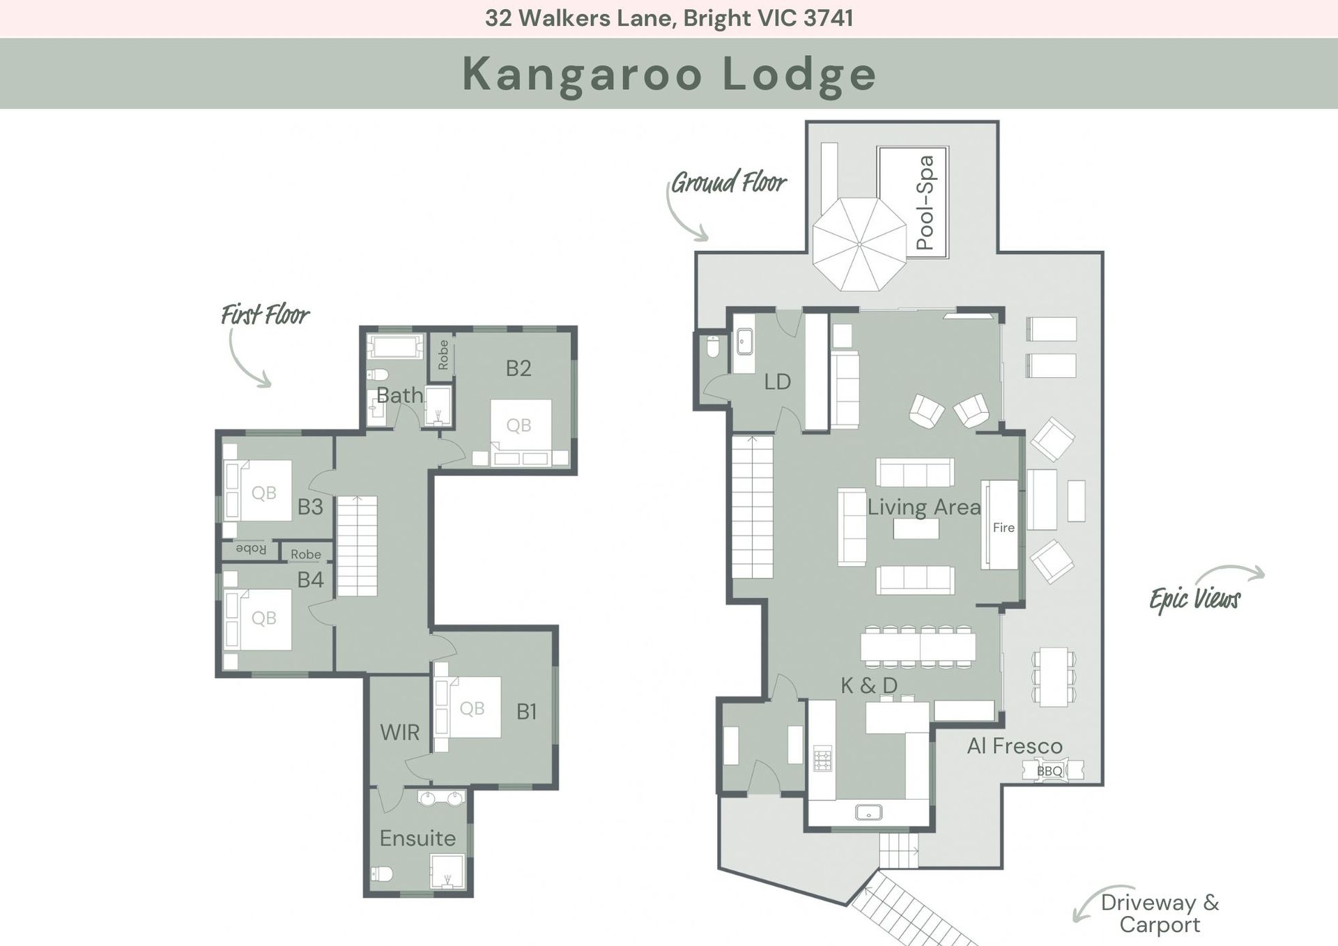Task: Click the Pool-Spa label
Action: (x=925, y=203)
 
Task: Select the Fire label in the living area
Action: (x=1003, y=528)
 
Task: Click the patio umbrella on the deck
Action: (x=860, y=244)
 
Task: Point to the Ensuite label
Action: (x=417, y=838)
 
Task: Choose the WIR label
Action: (x=399, y=733)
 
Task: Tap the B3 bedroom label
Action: (x=310, y=507)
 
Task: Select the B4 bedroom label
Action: (x=310, y=579)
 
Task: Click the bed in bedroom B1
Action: (x=468, y=707)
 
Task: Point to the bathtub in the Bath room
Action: (x=395, y=347)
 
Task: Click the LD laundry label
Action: (x=777, y=382)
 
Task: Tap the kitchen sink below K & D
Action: (x=868, y=812)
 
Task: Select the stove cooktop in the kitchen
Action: (x=823, y=758)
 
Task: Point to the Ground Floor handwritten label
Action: (x=729, y=183)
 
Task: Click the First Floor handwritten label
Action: (x=265, y=314)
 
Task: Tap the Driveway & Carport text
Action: (x=1160, y=913)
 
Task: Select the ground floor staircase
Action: (x=753, y=506)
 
